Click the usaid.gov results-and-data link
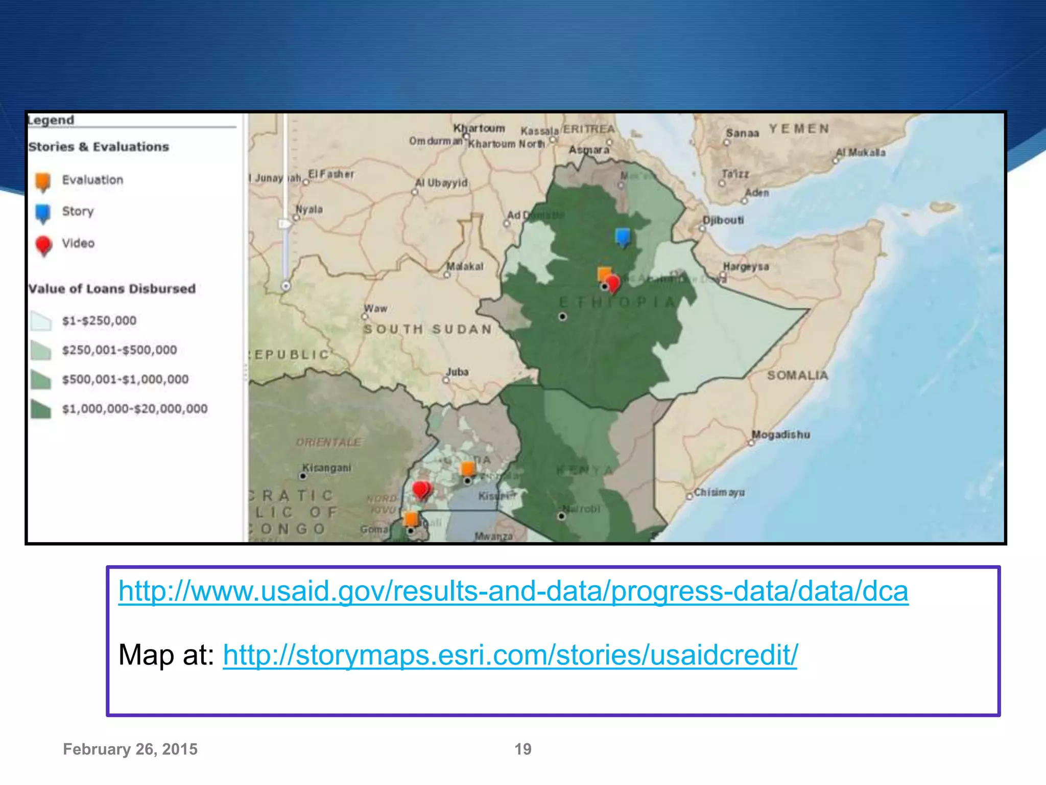[513, 591]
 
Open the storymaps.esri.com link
[510, 655]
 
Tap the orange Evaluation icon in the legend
[43, 181]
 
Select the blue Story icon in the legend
[43, 213]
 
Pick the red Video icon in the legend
[44, 245]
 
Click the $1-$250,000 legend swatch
[41, 321]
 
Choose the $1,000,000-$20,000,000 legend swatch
[41, 409]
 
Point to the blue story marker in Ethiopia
[623, 237]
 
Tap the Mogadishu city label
[780, 434]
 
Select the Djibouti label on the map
[723, 220]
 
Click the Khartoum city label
[479, 128]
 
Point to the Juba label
[457, 372]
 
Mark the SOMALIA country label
[797, 375]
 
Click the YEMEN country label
[799, 128]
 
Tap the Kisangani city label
[327, 468]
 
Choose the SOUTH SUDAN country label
[427, 329]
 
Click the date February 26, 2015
[130, 749]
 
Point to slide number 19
[522, 749]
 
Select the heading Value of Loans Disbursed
[112, 289]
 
